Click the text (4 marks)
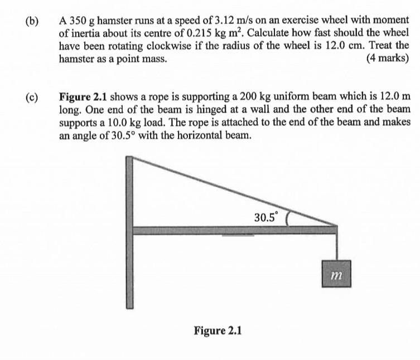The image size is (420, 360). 387,59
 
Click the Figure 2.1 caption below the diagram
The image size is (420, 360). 218,330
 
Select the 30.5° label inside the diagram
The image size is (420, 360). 265,217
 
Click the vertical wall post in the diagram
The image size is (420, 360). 129,234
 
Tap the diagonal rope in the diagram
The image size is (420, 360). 234,192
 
